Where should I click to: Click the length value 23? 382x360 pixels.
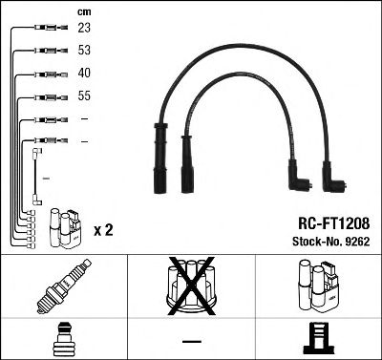coord(84,29)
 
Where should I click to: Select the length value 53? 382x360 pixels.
coord(84,51)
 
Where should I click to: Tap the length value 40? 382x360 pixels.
coord(84,74)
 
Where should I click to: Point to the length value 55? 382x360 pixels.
coord(84,96)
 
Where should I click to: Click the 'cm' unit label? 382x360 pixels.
coord(83,11)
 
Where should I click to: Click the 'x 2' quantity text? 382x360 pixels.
coord(104,231)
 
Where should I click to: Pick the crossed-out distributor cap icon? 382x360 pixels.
coord(190,286)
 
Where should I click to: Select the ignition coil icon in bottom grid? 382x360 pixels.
coord(317,287)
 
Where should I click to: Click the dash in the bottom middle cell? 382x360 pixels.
coord(190,340)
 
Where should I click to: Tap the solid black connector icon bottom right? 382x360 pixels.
coord(318,339)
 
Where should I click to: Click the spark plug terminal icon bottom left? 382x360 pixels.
coord(63,339)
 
